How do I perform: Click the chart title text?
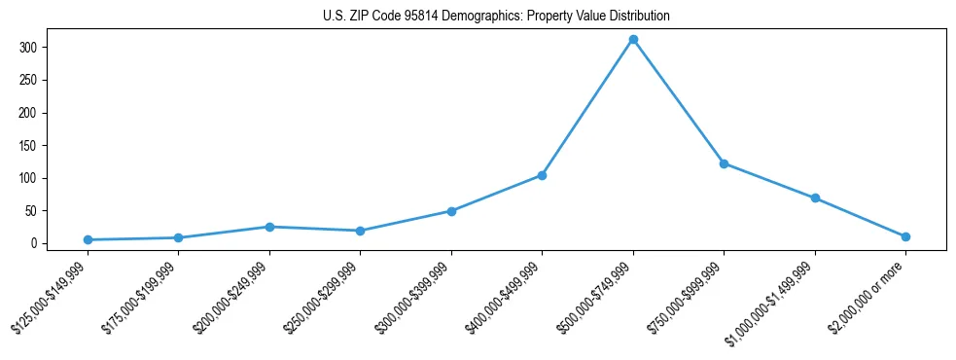pos(496,17)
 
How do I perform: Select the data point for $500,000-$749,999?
pos(633,40)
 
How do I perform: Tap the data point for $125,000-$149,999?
pos(88,239)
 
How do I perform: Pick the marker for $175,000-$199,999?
pos(178,237)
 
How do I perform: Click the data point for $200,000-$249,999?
pos(269,227)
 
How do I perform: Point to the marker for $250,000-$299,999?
pos(360,231)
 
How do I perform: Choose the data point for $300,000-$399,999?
pos(451,211)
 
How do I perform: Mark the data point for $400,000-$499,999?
pos(542,175)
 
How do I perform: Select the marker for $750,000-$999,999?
pos(724,163)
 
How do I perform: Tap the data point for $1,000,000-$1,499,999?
pos(815,198)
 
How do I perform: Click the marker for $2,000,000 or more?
pos(905,236)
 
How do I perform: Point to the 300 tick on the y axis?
pos(29,48)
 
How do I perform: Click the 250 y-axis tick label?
pos(29,80)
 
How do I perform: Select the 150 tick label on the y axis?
pos(29,146)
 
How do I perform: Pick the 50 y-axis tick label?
pos(32,211)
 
